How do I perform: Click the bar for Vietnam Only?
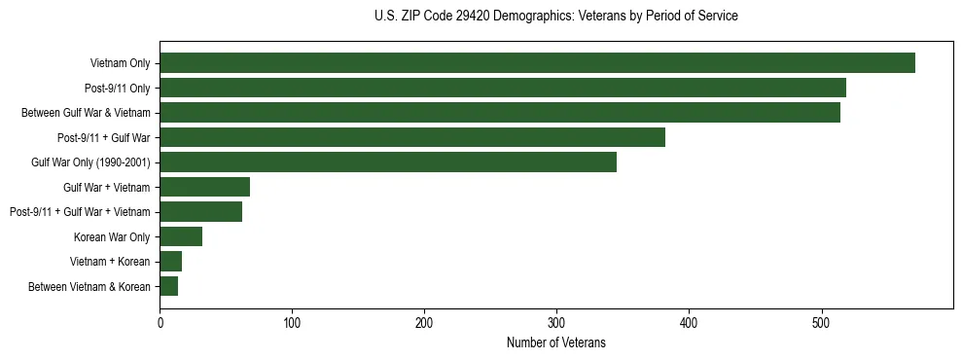pyautogui.click(x=537, y=63)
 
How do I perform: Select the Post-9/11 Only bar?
pyautogui.click(x=503, y=88)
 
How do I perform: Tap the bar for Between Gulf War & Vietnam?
pyautogui.click(x=500, y=113)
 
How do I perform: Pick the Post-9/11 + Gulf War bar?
pyautogui.click(x=412, y=137)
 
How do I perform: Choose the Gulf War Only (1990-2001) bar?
pyautogui.click(x=388, y=162)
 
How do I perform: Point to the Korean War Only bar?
pyautogui.click(x=181, y=236)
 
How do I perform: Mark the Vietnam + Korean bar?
pyautogui.click(x=171, y=262)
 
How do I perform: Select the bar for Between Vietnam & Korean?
pyautogui.click(x=169, y=286)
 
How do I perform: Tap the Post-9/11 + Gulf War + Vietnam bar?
pyautogui.click(x=201, y=212)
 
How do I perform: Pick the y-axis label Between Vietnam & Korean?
pyautogui.click(x=89, y=286)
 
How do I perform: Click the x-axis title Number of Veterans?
pyautogui.click(x=556, y=342)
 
